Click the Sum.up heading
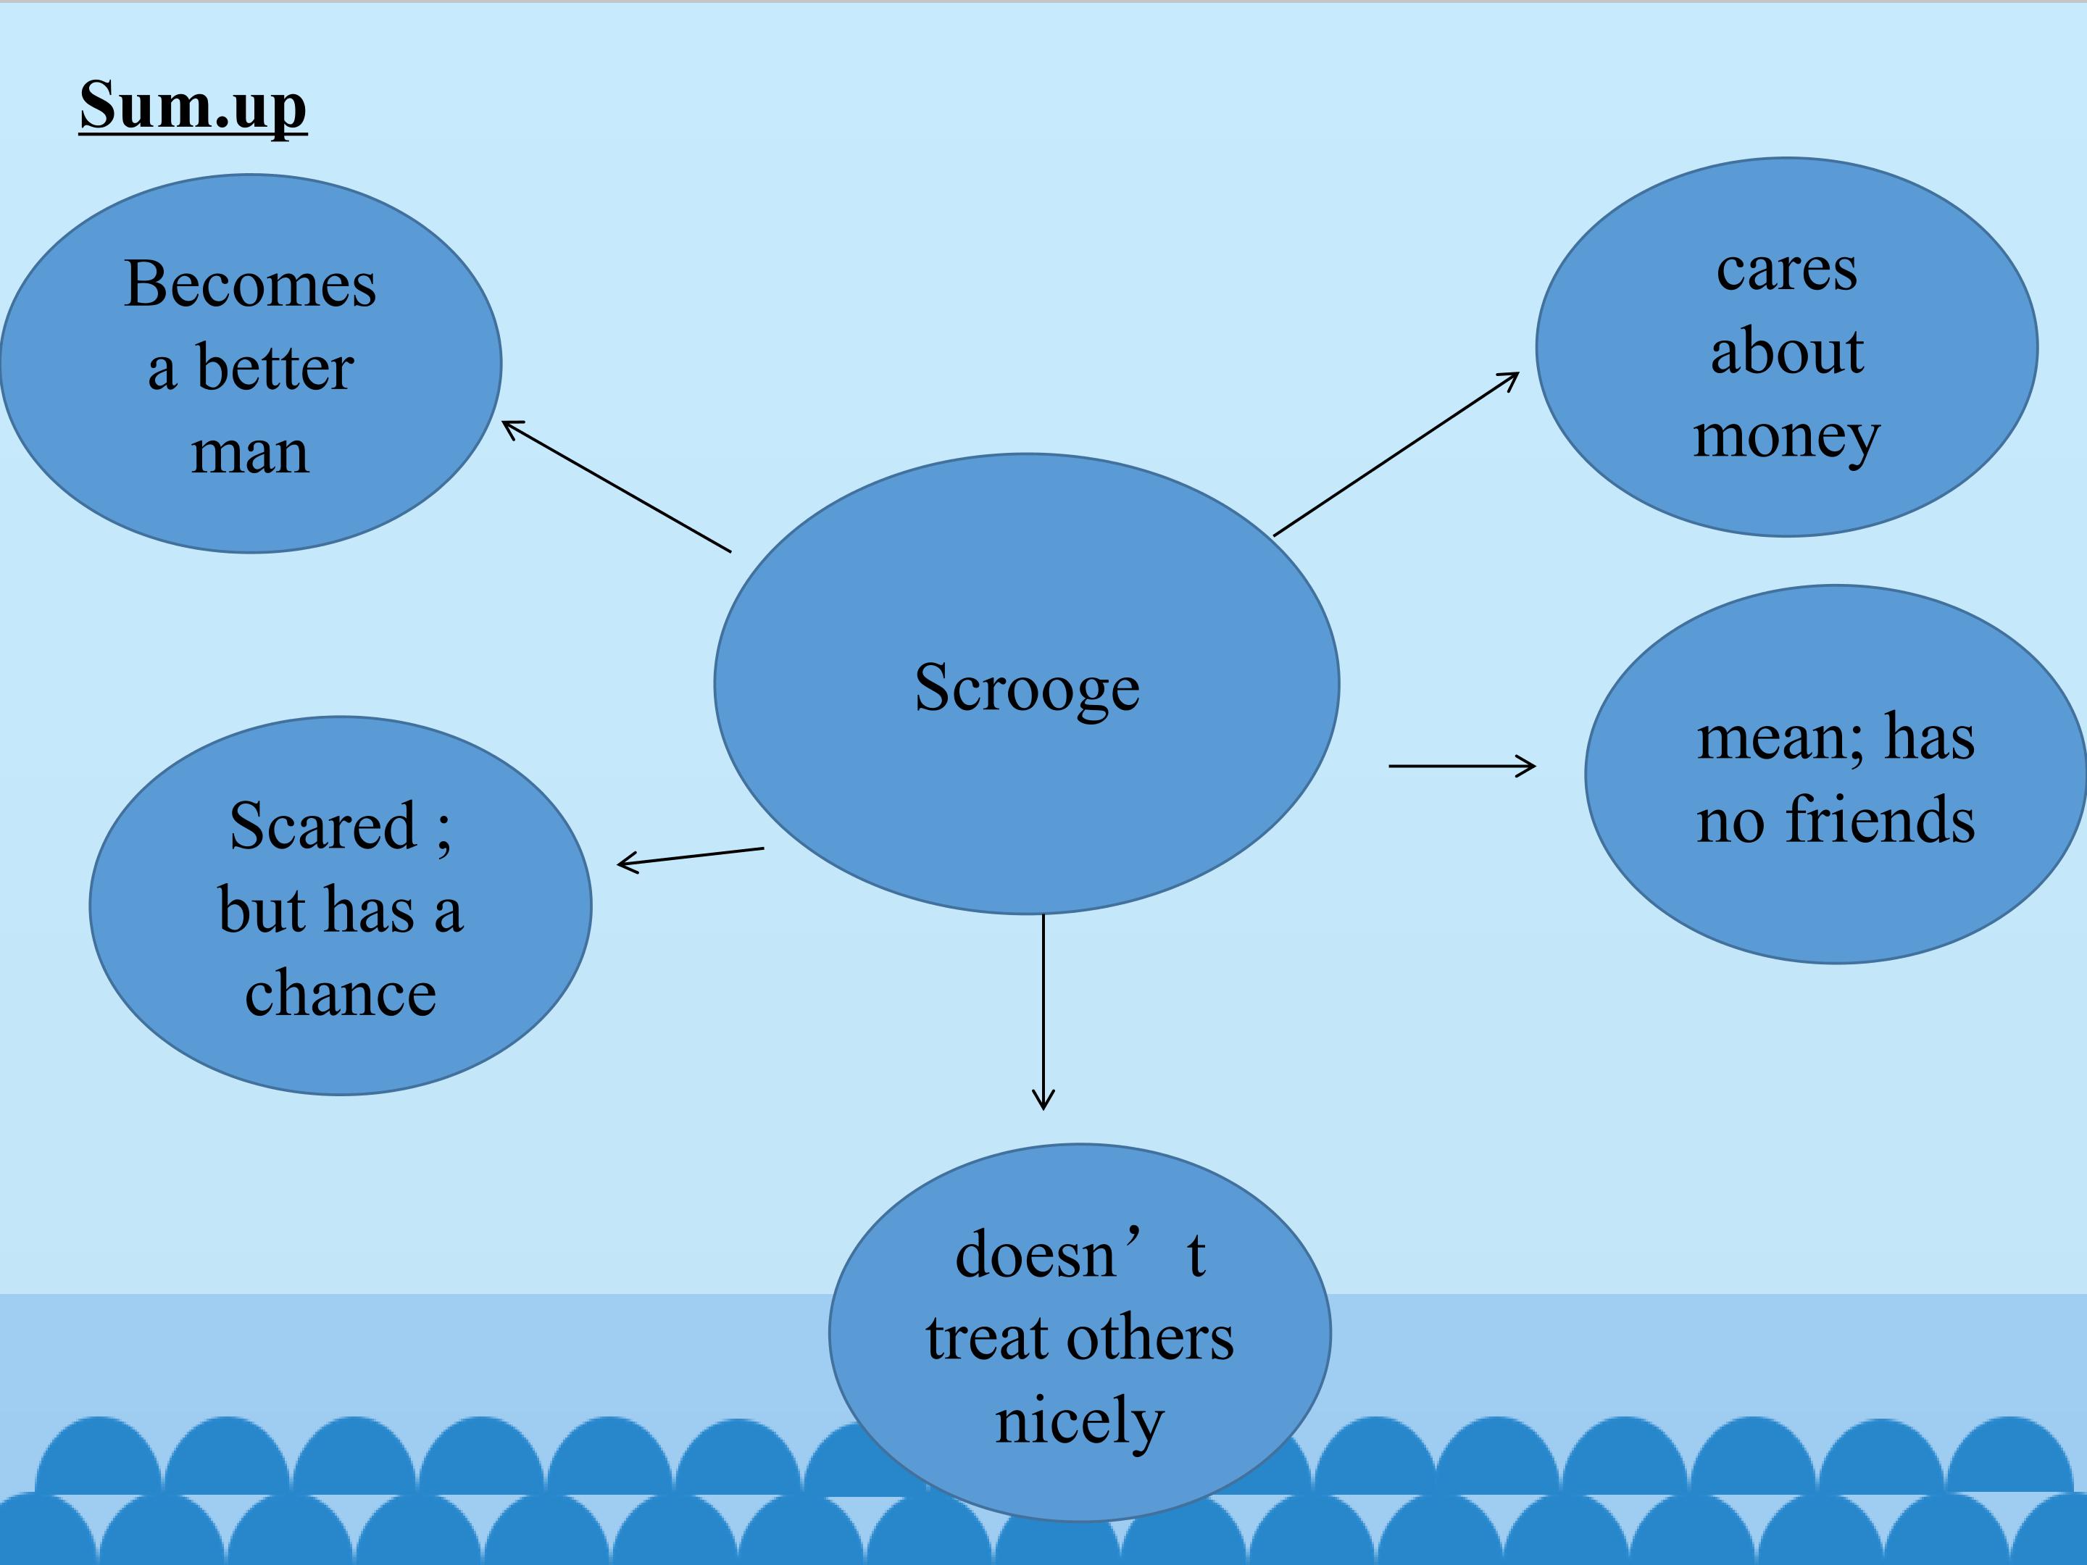point(193,106)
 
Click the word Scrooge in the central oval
point(1027,688)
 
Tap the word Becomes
point(250,284)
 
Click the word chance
point(341,993)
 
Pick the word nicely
point(1079,1421)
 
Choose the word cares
point(1786,271)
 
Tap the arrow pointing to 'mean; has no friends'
point(1462,766)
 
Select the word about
point(1787,352)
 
